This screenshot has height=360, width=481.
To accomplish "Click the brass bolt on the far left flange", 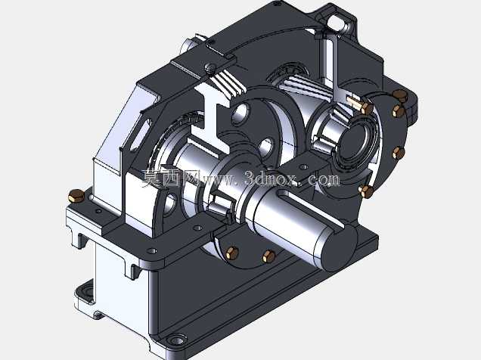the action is (x=76, y=196).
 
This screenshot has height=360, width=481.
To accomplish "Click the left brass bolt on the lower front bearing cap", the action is (x=232, y=253).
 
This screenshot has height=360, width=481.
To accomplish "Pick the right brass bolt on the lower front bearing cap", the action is (x=269, y=256).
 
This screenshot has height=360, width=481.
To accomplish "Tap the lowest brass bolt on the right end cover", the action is (x=366, y=191).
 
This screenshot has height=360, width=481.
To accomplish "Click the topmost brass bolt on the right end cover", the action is (x=400, y=95).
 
